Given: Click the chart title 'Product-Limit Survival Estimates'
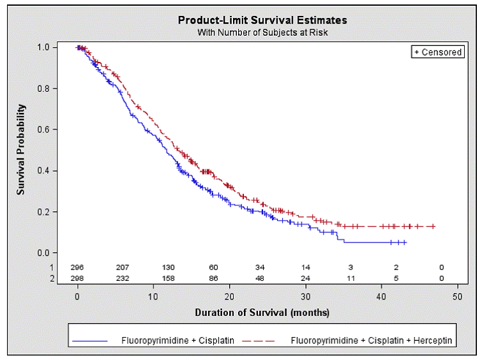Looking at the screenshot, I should click(262, 20).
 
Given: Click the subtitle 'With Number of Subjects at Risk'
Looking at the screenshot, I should click(262, 32).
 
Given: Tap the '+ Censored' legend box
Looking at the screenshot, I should click(437, 52).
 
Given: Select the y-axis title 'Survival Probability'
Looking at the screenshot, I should click(21, 149).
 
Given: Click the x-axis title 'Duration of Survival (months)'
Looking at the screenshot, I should click(262, 313).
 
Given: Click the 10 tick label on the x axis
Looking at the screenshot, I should click(153, 297).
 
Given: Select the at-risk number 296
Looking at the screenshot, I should click(77, 267).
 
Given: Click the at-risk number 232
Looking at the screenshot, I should click(123, 279).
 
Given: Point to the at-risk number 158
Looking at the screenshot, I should click(169, 279).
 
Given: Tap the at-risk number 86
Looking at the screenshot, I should click(214, 279).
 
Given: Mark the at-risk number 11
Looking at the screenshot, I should click(350, 279).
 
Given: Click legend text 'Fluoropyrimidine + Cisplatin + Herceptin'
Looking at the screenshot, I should click(371, 341).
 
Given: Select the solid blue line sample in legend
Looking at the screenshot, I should click(93, 341).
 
